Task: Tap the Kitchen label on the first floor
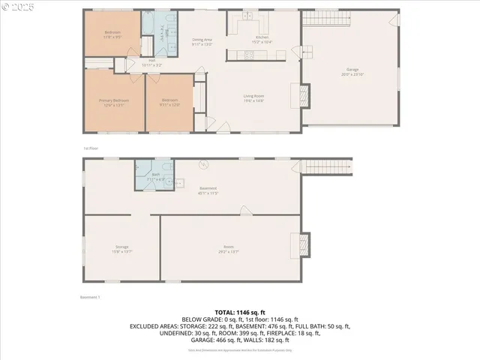[262, 38]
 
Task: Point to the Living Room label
[253, 97]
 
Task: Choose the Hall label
[152, 62]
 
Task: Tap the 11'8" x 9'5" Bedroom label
[112, 34]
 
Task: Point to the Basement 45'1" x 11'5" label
[208, 190]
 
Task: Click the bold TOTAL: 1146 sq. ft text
[240, 311]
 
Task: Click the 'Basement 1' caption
[90, 298]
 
